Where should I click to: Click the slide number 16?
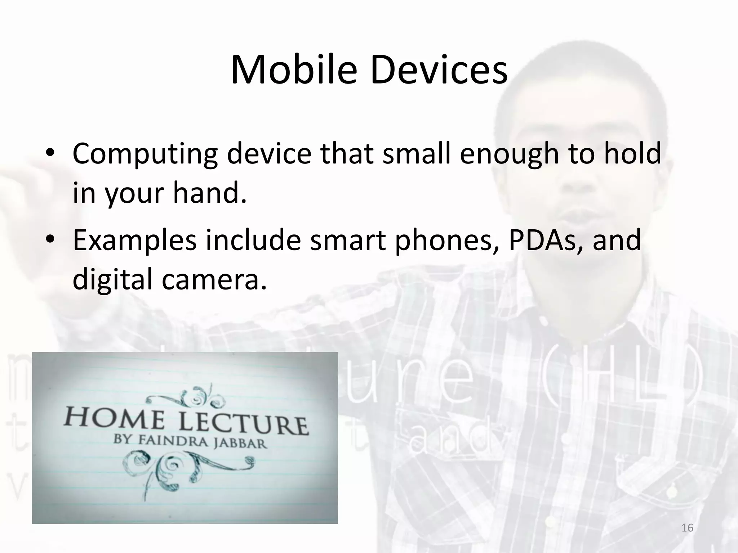coord(688,528)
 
